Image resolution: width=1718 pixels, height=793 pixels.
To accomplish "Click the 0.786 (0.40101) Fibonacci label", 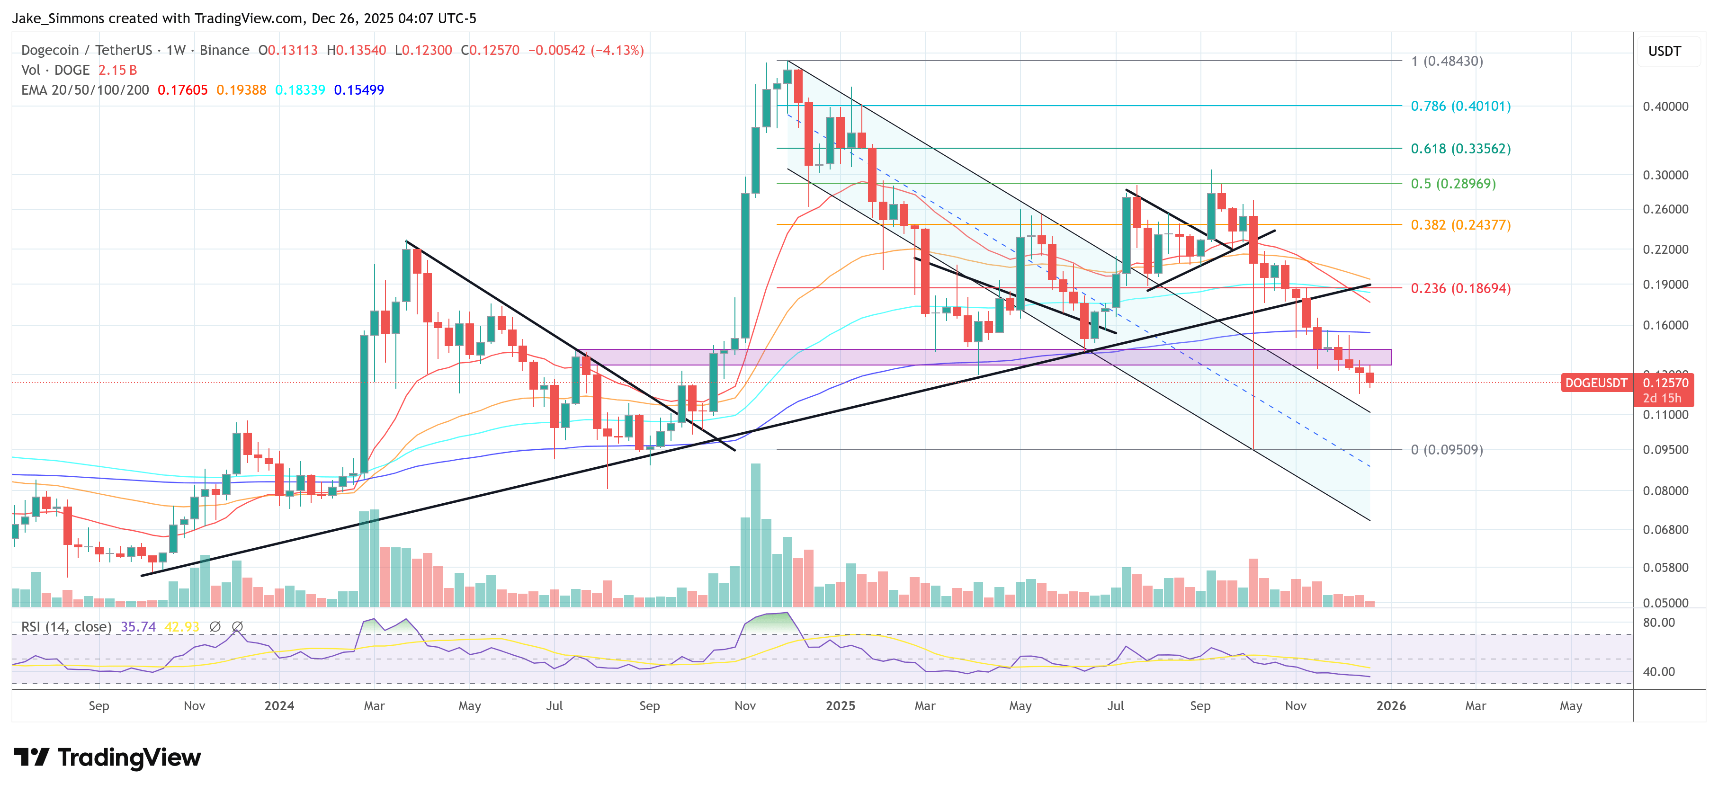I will (x=1460, y=106).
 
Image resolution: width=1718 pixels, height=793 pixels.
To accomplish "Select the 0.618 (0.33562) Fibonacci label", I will (x=1460, y=149).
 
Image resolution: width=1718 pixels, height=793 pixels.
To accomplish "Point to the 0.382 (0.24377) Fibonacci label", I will (x=1460, y=225).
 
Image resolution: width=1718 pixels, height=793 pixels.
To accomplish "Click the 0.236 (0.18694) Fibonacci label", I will (x=1460, y=288).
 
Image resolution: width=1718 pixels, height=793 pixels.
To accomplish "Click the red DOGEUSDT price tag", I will (x=1595, y=383).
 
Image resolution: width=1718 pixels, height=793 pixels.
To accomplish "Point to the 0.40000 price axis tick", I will (x=1665, y=106).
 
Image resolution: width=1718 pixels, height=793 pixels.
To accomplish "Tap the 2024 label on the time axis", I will (x=279, y=705).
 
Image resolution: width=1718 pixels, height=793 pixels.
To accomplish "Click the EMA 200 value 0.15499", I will (x=359, y=90).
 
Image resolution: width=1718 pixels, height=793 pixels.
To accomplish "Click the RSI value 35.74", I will (x=138, y=627).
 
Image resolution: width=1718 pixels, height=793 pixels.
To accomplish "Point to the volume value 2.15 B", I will (x=117, y=70).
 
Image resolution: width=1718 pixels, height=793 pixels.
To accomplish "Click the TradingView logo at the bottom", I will (x=107, y=757).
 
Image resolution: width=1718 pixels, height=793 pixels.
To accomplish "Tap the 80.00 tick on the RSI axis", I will (x=1659, y=622).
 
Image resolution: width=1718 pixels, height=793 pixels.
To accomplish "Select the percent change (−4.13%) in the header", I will (x=617, y=50).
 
